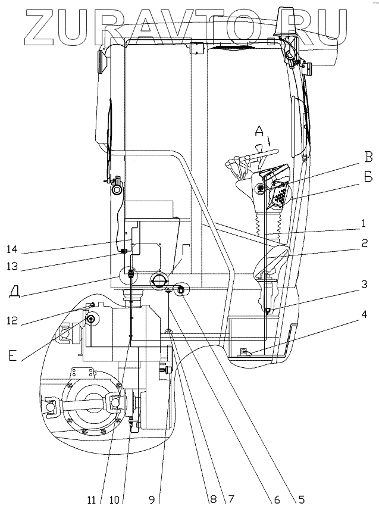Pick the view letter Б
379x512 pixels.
(x=368, y=177)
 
